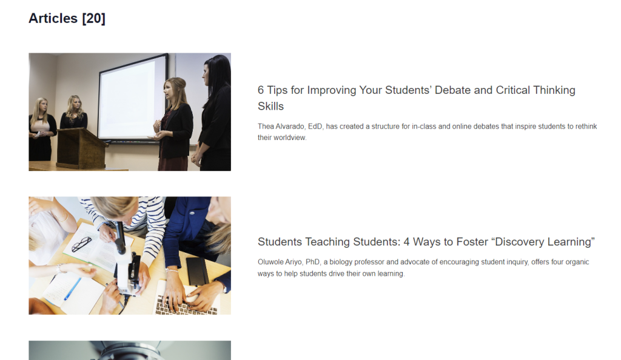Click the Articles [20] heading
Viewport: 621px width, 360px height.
pos(67,18)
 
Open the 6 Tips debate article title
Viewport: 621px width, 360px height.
pos(416,98)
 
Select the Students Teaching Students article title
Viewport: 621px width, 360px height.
pos(426,242)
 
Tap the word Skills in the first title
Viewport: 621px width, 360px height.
pos(270,107)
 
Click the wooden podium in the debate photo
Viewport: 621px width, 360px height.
pos(82,147)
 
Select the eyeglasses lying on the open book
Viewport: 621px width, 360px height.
pos(81,244)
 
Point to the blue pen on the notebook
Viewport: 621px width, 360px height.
pos(73,289)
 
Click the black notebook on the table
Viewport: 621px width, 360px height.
pos(197,271)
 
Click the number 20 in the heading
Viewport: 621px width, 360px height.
pos(94,18)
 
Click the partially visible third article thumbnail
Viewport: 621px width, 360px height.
pos(130,350)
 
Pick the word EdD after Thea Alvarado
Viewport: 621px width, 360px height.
pos(315,127)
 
